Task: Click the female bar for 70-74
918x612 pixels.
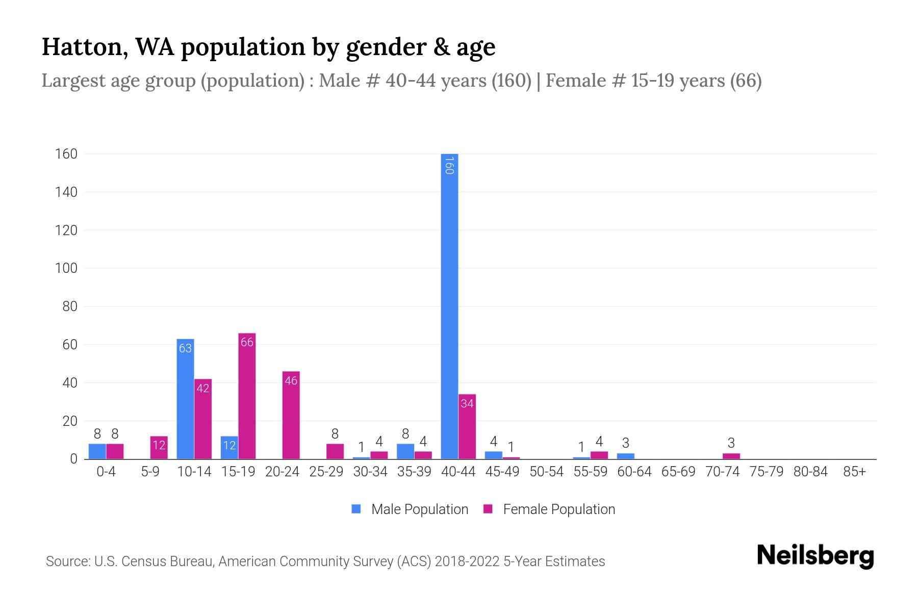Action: coord(731,456)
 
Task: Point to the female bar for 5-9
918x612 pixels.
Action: coord(159,448)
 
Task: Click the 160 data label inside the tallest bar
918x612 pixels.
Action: coord(449,166)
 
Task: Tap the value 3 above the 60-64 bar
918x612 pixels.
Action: coord(626,443)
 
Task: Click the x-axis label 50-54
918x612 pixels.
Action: coord(546,472)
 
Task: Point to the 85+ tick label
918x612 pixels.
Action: coord(854,472)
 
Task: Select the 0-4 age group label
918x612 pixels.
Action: coord(106,472)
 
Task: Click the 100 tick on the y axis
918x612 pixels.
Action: coord(66,268)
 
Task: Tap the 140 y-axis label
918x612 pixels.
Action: coord(66,192)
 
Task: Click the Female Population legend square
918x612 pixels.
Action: coord(488,509)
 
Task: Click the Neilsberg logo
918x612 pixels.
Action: coord(815,556)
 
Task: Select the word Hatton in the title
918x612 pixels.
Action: coord(82,47)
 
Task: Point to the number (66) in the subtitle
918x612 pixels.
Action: coord(746,81)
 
